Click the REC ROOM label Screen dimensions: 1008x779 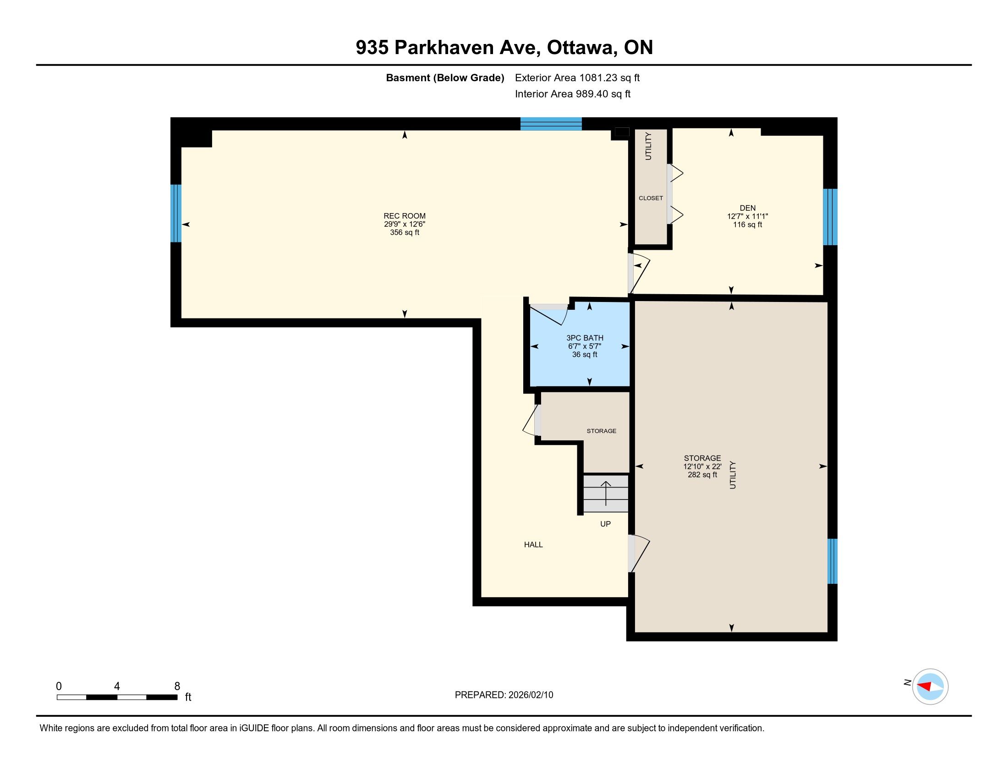coord(404,215)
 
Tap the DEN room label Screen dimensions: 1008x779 coord(747,208)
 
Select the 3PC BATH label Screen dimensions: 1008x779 coord(585,338)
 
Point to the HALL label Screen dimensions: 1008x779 coord(533,544)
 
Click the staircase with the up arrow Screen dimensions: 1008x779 coord(606,494)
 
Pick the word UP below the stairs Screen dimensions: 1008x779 coord(605,524)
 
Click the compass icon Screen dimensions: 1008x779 coord(930,686)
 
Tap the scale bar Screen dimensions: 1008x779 coord(117,697)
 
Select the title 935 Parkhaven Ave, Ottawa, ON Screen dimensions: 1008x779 coord(504,48)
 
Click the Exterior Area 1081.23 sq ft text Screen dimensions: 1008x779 coord(577,77)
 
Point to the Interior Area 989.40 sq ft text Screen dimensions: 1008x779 coord(572,93)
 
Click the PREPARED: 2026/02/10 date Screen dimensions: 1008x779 coord(504,695)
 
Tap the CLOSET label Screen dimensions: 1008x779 coord(651,198)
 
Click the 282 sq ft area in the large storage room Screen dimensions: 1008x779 coord(702,474)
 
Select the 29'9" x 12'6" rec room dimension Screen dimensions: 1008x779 coord(404,224)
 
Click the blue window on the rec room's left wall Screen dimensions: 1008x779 coord(176,213)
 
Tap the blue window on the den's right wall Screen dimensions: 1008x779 coord(830,217)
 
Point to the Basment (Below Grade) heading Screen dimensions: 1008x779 coord(445,77)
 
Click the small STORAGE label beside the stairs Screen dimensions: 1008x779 coord(602,431)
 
